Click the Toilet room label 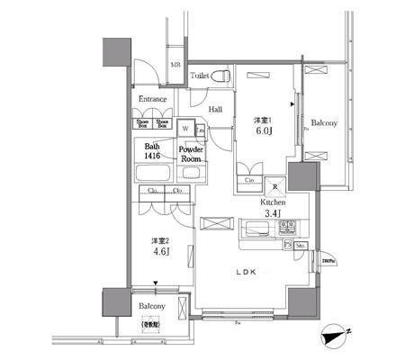199,76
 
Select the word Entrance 152,100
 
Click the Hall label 216,110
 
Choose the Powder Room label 191,154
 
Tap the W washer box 184,128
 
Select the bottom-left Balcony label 151,307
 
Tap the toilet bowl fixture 223,76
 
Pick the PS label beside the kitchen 288,244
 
